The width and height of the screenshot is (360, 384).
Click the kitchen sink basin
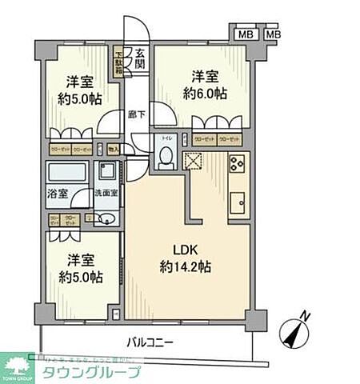(x=238, y=203)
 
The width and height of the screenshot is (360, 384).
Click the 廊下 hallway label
(x=136, y=115)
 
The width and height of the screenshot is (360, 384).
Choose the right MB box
(x=273, y=34)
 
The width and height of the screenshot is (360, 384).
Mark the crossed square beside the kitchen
(x=194, y=161)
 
